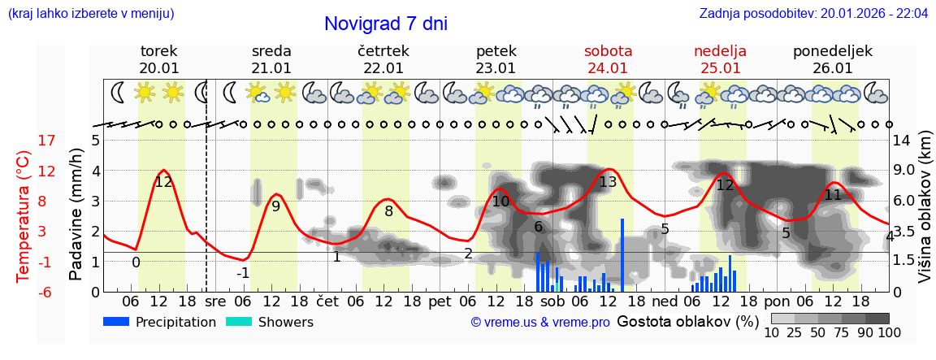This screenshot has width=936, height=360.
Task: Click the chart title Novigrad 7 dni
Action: [x=386, y=24]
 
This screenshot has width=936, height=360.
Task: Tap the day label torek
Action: [x=158, y=51]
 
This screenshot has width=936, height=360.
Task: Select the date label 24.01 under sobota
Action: [x=608, y=68]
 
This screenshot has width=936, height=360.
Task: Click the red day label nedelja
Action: [x=720, y=51]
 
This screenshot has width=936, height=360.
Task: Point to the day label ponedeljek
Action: [x=833, y=51]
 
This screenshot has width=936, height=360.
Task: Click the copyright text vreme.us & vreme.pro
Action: [x=540, y=323]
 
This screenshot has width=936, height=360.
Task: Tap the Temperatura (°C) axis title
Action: [x=23, y=215]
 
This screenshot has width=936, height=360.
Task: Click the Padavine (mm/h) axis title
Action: [x=75, y=215]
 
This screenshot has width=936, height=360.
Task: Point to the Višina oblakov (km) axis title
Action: [x=925, y=215]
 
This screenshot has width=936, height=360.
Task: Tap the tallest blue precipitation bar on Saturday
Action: [x=622, y=254]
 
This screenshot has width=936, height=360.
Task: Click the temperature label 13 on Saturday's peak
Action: [x=608, y=182]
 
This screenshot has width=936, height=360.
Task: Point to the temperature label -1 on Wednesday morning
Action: [x=243, y=273]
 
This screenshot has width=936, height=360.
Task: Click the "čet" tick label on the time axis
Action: [x=327, y=301]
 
